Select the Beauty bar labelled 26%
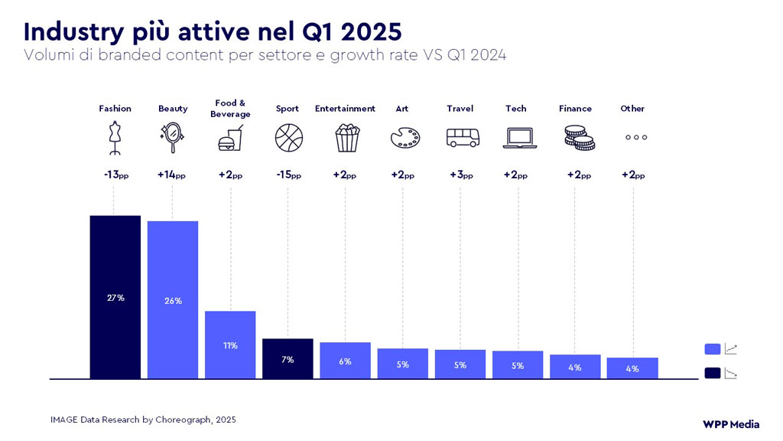coord(173,300)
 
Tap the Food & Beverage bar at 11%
coord(230,345)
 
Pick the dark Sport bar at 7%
coord(288,358)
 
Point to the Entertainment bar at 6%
coord(345,361)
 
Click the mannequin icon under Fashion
coord(115,138)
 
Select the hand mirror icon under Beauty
coord(172,138)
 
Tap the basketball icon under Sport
coord(288,138)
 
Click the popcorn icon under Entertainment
coord(345,138)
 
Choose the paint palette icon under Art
coord(403,138)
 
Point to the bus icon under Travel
coord(462,138)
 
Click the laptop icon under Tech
coord(517,138)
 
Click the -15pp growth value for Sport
coord(288,175)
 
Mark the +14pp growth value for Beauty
coord(172,175)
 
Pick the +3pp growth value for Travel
coord(461,175)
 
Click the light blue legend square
coord(712,349)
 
